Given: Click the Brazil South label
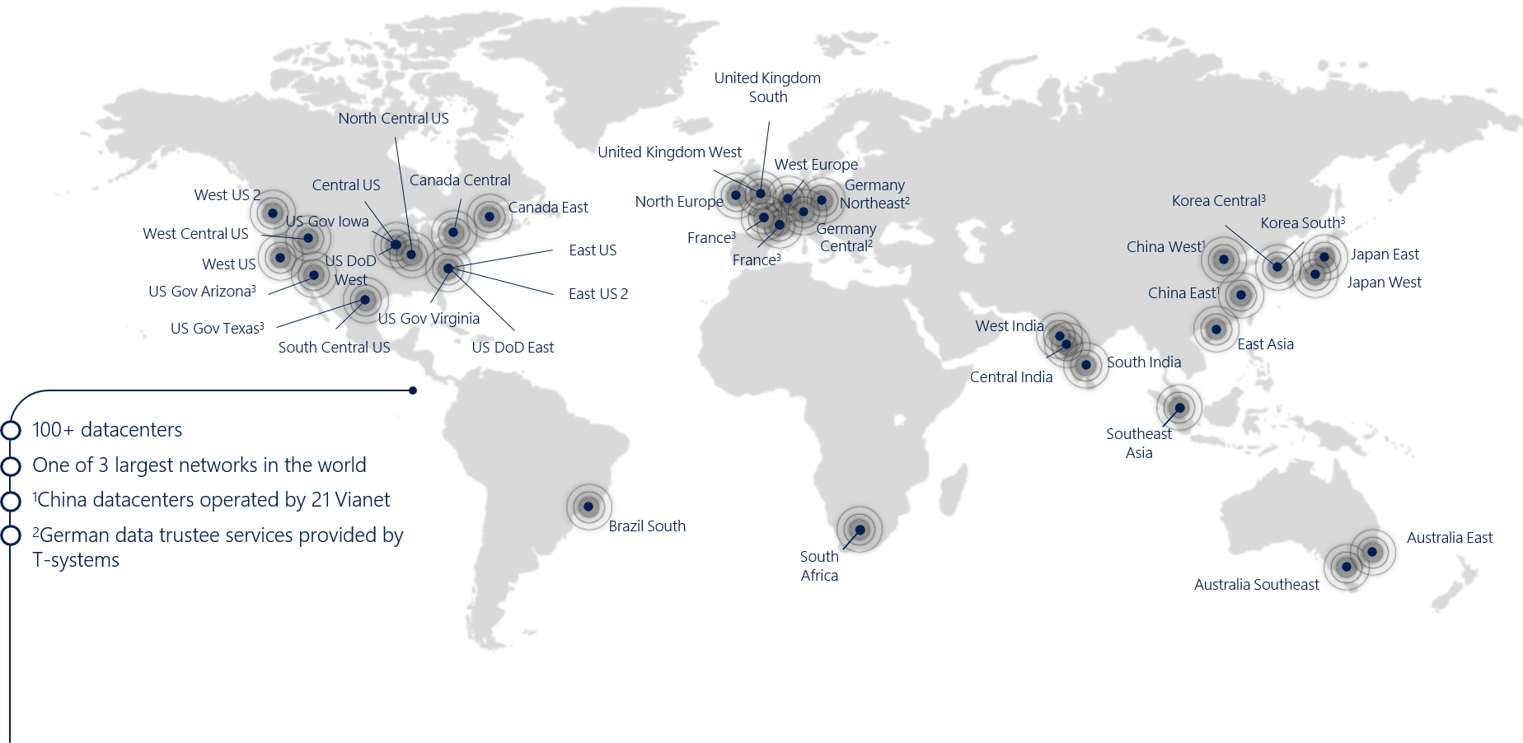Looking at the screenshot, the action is pos(647,526).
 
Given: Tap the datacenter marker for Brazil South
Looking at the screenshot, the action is pos(588,507).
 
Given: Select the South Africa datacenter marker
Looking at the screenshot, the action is pos(860,529).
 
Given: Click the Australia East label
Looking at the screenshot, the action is pos(1450,538).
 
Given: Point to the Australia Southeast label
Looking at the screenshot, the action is pos(1257,585).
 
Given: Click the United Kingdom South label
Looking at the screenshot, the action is pos(767,87).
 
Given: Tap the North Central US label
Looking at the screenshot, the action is pos(394,119).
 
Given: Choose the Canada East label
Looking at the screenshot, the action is pos(548,208).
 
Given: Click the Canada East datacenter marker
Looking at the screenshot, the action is pos(490,217).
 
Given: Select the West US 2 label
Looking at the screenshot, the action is pos(227,195).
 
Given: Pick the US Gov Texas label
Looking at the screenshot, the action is pos(218,329).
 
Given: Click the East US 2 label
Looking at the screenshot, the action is pos(598,294).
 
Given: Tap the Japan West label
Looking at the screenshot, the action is pos(1385,283).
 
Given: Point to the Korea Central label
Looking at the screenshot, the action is pos(1219,201).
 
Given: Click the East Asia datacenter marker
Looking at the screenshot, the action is pos(1216,329).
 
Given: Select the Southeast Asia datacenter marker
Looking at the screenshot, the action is pos(1180,408).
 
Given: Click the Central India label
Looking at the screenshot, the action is pos(1011,377).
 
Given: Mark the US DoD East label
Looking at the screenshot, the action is pos(513,348).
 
